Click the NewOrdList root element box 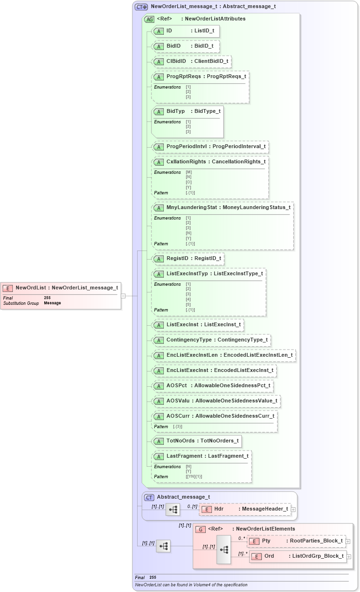[x=61, y=288]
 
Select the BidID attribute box [x=185, y=46]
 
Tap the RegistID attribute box [x=188, y=259]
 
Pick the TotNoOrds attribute [x=197, y=441]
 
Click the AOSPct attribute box [x=213, y=385]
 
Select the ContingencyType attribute [x=211, y=341]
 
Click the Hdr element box [x=244, y=509]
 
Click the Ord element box [x=297, y=556]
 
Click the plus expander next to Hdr [x=293, y=510]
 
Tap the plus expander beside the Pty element [x=348, y=541]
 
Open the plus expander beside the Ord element [x=349, y=556]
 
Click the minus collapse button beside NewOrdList [x=123, y=296]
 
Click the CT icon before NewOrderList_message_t [x=141, y=7]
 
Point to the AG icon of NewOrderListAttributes [x=149, y=20]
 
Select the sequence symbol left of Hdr [x=172, y=509]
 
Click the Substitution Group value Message [x=52, y=303]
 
